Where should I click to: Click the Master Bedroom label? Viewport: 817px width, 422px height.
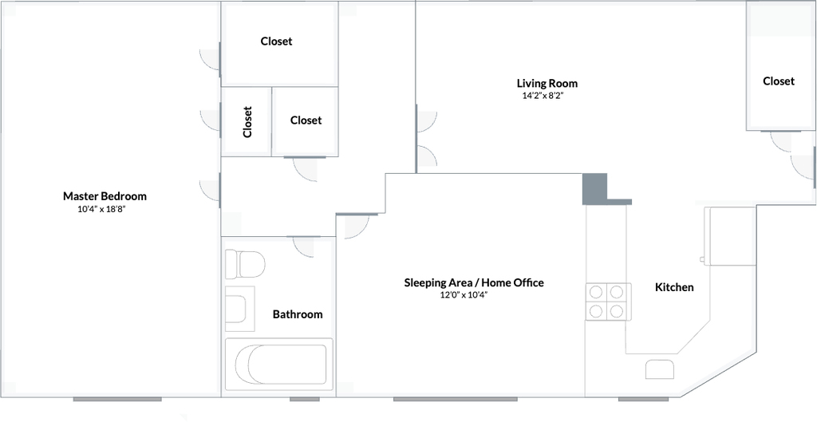[x=105, y=196]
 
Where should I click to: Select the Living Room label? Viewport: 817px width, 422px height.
[x=547, y=83]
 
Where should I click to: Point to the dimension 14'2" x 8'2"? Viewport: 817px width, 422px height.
[x=543, y=96]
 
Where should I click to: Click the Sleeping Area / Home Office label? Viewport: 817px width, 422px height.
[x=474, y=283]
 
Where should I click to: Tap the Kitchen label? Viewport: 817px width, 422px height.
[x=674, y=287]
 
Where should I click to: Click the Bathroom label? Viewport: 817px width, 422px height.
[x=298, y=314]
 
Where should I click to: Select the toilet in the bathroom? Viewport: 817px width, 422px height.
[x=245, y=264]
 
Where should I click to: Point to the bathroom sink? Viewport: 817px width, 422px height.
[x=239, y=309]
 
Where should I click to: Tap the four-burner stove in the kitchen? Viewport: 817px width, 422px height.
[x=606, y=302]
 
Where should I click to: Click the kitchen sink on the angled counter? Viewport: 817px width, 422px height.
[x=660, y=369]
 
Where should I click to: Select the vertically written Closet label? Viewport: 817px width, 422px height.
[x=247, y=122]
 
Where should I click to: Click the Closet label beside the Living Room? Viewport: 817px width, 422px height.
[x=779, y=81]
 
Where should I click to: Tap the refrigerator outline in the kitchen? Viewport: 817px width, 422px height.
[x=729, y=237]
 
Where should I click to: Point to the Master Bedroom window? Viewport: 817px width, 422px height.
[x=117, y=399]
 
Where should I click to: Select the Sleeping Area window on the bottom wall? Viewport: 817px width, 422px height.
[x=456, y=399]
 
